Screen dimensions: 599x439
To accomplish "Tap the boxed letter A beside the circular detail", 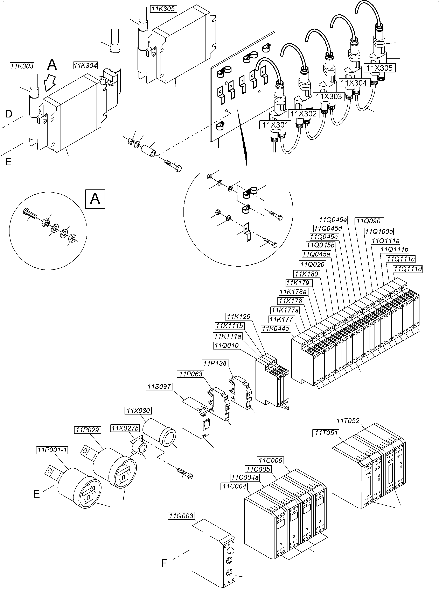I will click(x=95, y=199).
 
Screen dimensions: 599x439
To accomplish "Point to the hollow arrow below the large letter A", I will click(x=50, y=82).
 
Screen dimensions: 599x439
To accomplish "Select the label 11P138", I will click(x=215, y=363).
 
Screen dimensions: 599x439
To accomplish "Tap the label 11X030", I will click(x=138, y=411).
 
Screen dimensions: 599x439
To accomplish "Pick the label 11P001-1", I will click(x=52, y=450).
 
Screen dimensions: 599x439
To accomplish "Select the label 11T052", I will click(x=348, y=421).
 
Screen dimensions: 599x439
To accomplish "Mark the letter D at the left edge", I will click(x=9, y=114).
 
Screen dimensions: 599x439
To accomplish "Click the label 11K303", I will click(x=22, y=66).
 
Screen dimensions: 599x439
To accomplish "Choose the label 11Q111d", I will click(x=408, y=269).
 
